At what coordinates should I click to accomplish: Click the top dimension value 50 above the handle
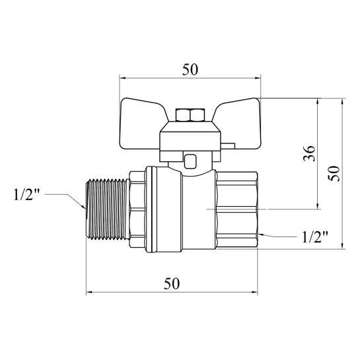(190, 69)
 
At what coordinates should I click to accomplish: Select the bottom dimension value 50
(172, 283)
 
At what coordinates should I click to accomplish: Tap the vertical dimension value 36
(309, 153)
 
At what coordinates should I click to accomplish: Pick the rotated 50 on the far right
(334, 174)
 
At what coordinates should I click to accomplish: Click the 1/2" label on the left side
(26, 195)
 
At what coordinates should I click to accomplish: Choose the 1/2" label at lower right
(315, 236)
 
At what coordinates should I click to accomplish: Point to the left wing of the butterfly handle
(142, 125)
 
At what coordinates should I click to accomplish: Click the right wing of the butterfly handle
(238, 124)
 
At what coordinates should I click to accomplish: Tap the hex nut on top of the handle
(190, 115)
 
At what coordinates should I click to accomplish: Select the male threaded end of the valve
(108, 209)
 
